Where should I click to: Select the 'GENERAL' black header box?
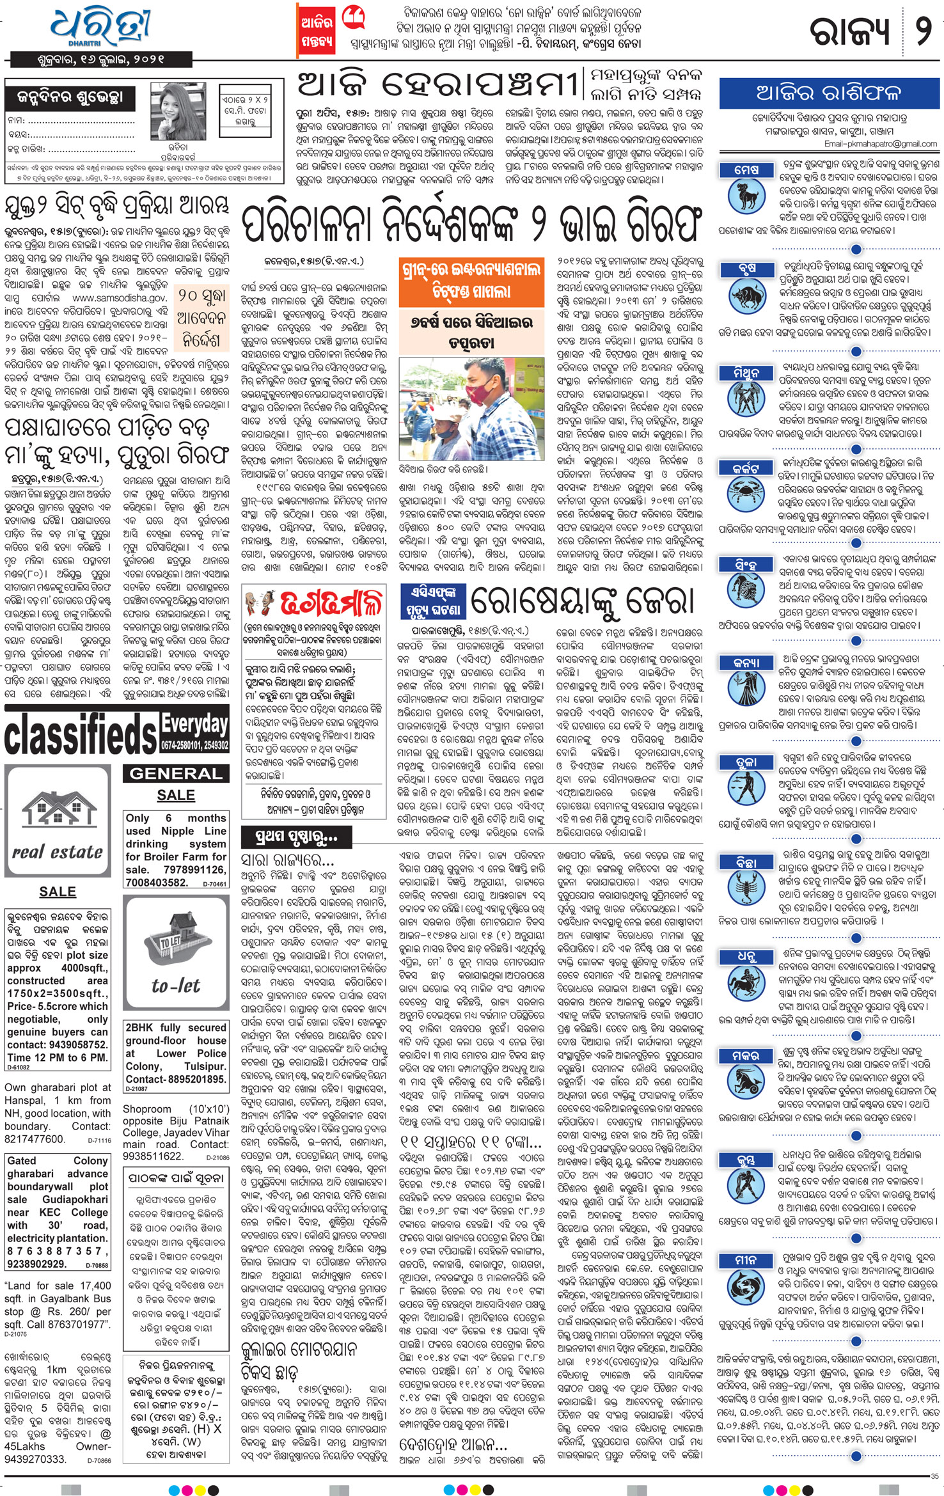click(176, 773)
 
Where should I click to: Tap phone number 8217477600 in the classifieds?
click(35, 1138)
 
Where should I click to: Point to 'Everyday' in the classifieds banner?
click(194, 724)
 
